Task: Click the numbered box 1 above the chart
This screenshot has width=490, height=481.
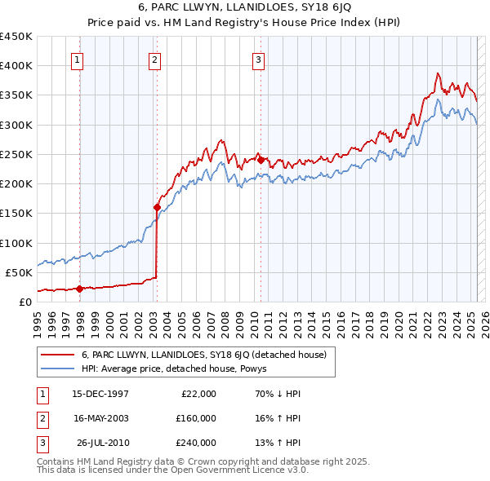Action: click(x=76, y=59)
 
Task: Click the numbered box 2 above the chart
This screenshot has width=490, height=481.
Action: click(x=154, y=59)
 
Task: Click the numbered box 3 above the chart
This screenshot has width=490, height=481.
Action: click(x=258, y=59)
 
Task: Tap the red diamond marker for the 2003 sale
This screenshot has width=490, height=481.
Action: click(x=157, y=207)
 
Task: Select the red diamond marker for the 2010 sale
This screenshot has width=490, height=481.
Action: click(x=261, y=160)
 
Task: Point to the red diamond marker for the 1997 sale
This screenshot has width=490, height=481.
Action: click(x=79, y=288)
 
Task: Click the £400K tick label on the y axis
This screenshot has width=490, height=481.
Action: click(x=16, y=66)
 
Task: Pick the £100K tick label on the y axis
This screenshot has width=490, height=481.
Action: click(x=16, y=243)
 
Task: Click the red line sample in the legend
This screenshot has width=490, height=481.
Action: click(x=57, y=355)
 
